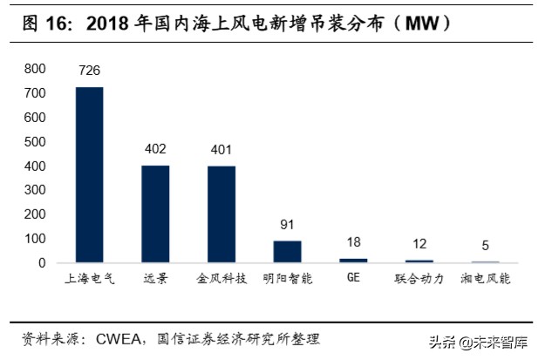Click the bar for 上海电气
[90, 175]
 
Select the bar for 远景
[155, 214]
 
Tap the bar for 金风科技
[221, 214]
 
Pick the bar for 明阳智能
[287, 252]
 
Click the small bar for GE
[353, 261]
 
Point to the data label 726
[90, 71]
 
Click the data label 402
[155, 149]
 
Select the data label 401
[221, 149]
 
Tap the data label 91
[287, 225]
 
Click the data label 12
[419, 244]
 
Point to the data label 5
[485, 246]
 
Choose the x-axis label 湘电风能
[485, 280]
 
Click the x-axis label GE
[353, 280]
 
